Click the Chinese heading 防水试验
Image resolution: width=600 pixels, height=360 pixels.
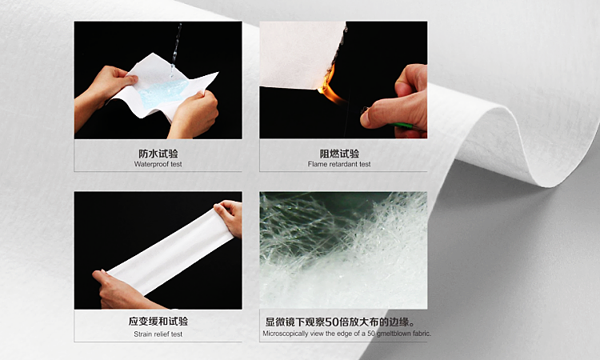click(158, 154)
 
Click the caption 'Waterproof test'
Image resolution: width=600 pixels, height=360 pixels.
click(158, 165)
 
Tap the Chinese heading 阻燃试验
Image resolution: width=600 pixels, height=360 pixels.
click(343, 154)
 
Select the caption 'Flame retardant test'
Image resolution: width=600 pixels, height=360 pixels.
click(343, 165)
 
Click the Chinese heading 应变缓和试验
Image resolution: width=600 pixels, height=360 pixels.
click(158, 322)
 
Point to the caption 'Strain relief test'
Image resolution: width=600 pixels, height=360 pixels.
click(158, 334)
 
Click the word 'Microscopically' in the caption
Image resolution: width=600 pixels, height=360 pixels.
click(289, 334)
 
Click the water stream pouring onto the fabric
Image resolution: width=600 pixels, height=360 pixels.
click(175, 44)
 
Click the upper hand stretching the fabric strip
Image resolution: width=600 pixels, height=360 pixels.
click(230, 216)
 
